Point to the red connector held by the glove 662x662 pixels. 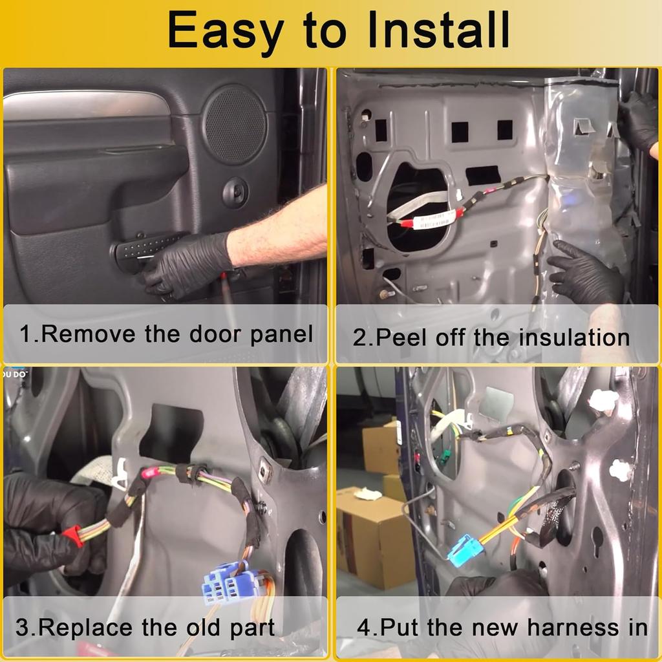point(73,536)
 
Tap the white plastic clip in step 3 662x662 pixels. point(119,475)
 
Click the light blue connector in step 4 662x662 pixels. point(466,550)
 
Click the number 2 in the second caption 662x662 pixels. point(359,337)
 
